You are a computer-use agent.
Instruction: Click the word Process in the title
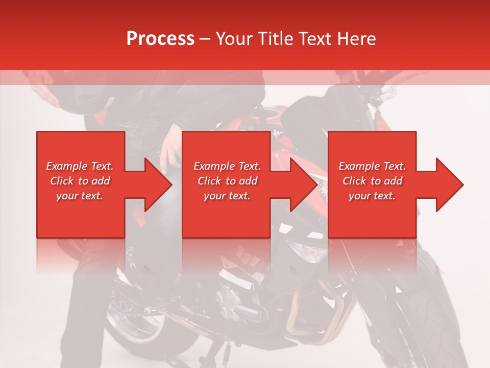coord(160,38)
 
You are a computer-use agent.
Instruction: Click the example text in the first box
coord(80,181)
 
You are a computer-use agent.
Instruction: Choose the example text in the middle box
coord(227,181)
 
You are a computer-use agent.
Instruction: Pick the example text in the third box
coord(372,181)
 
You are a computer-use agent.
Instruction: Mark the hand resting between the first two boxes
coord(170,147)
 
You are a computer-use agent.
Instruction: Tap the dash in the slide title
coord(205,39)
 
